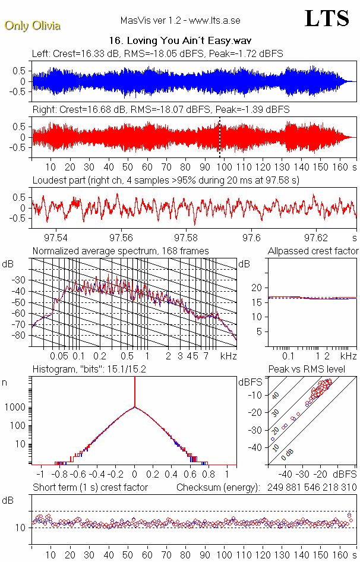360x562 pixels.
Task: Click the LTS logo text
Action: (x=326, y=18)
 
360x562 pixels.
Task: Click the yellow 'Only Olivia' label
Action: (x=32, y=26)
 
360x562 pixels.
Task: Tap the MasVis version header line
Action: (x=180, y=21)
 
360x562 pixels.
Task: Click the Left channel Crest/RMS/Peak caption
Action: (x=157, y=53)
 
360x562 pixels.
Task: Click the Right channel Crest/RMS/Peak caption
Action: (x=161, y=110)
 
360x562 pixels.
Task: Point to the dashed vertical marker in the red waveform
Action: (x=220, y=137)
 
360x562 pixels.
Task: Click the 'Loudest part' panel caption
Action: (x=166, y=180)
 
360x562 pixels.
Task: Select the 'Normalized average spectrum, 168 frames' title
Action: (x=121, y=251)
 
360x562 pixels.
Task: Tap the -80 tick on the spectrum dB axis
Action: (x=20, y=336)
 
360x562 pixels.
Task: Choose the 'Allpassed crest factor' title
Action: (x=313, y=251)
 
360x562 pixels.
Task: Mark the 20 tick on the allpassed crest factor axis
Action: (x=257, y=288)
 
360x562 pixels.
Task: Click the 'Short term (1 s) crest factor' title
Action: (x=90, y=487)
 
